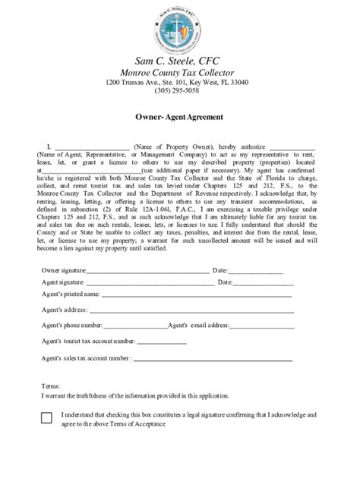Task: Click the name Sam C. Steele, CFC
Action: point(180,60)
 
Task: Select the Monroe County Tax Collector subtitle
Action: point(180,72)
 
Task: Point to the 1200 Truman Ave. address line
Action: point(180,82)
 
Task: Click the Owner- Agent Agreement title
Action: point(179,118)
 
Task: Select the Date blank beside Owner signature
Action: point(256,271)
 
